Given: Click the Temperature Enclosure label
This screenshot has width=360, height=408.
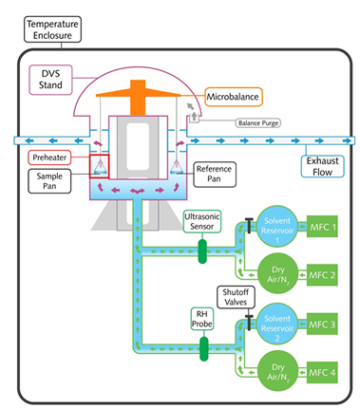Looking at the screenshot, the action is click(52, 29).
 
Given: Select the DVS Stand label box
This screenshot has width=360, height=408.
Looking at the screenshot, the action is click(50, 80).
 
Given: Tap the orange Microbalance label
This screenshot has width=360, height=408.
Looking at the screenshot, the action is click(234, 97).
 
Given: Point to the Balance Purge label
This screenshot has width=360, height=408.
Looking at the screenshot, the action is click(258, 122).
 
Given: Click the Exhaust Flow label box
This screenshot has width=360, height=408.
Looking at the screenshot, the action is click(322, 166).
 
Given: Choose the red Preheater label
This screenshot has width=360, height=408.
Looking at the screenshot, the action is click(49, 158).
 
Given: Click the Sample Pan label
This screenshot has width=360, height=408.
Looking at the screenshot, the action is click(49, 181).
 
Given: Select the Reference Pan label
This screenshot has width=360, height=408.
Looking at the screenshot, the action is click(215, 174).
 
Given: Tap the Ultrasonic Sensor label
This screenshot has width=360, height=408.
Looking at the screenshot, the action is click(202, 221).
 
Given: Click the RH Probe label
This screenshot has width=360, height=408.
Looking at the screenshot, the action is click(202, 319).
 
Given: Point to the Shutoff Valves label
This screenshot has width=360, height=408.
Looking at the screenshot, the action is click(236, 297).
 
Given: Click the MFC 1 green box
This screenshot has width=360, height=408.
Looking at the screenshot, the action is click(322, 227).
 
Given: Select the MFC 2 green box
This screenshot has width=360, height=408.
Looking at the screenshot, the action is click(322, 275).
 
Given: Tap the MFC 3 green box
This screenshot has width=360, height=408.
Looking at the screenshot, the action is click(322, 325).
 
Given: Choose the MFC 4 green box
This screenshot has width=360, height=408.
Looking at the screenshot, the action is click(322, 373).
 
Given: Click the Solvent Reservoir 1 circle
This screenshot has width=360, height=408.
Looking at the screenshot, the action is click(277, 227).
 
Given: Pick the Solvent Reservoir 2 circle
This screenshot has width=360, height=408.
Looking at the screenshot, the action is click(277, 325).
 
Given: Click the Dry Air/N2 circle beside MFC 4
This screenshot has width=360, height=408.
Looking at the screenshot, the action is click(278, 372).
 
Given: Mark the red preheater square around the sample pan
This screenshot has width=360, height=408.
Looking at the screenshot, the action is click(90, 166).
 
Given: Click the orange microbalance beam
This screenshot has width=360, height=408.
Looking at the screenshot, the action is click(138, 94).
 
